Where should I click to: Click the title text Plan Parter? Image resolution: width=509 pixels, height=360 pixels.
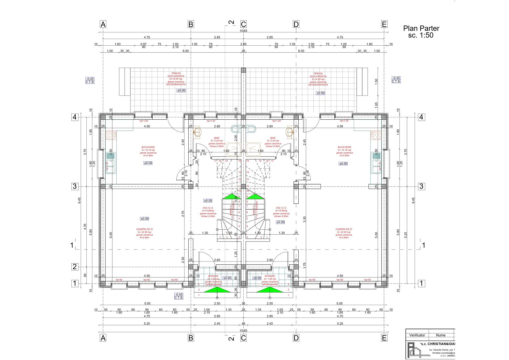click(x=421, y=29)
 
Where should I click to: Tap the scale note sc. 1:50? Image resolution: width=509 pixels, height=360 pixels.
click(x=421, y=35)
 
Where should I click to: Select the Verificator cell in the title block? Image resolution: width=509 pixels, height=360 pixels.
click(x=417, y=335)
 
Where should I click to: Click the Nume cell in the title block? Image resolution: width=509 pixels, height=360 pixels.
click(x=441, y=335)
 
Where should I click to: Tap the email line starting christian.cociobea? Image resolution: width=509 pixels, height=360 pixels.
click(x=443, y=353)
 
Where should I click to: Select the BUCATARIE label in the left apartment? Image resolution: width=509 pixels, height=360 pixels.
click(x=148, y=147)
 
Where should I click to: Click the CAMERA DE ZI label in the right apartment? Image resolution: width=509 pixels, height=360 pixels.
click(x=344, y=229)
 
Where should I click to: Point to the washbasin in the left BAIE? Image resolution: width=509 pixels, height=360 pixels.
click(x=197, y=132)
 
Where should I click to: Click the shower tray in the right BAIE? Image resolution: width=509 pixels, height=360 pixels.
click(x=254, y=149)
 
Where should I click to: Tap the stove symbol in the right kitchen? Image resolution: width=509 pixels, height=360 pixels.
click(x=376, y=135)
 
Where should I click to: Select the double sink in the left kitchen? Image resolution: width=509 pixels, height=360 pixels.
click(x=110, y=163)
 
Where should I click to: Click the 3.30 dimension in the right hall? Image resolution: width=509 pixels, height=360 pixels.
click(x=304, y=219)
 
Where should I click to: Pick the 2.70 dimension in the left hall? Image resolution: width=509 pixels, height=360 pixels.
click(x=183, y=214)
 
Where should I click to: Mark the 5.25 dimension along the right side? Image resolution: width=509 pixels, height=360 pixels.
click(x=406, y=235)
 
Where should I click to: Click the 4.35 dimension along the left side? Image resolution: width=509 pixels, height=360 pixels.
click(x=85, y=226)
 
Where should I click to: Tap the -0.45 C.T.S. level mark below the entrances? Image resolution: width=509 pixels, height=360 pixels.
click(x=179, y=296)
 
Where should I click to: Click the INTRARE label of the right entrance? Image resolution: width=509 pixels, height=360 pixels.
click(x=270, y=276)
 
